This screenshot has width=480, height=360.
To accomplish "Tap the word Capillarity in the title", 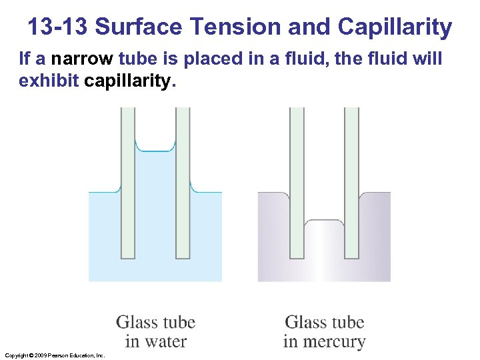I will (x=395, y=27).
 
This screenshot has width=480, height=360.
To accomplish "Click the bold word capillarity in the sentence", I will (x=129, y=81).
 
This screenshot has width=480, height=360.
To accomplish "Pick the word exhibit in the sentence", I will (x=50, y=81).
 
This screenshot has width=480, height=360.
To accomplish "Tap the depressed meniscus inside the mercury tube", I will (x=324, y=221).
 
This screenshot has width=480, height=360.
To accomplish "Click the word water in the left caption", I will (x=166, y=342).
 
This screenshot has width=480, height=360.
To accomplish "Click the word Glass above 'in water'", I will (x=136, y=323).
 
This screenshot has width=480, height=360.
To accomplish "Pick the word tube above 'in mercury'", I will (x=347, y=323).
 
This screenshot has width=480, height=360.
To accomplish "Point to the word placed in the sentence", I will (x=211, y=59).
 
